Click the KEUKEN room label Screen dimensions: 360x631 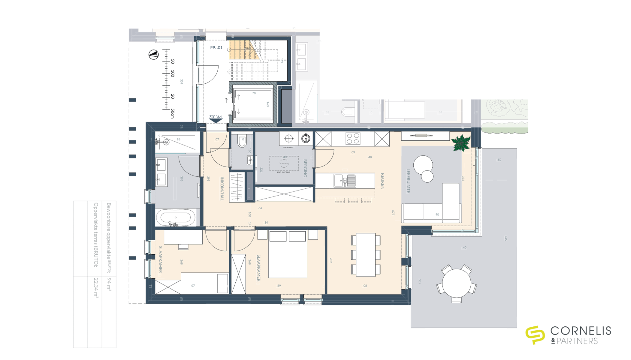(x=382, y=181)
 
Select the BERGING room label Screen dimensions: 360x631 (x=305, y=168)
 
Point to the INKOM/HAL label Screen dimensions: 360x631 (x=222, y=188)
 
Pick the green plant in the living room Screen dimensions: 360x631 (x=461, y=143)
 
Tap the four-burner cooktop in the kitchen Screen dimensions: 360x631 (x=353, y=139)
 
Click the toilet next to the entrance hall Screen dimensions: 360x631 (x=242, y=141)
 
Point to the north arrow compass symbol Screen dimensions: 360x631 (x=154, y=55)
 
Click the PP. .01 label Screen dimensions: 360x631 (x=216, y=47)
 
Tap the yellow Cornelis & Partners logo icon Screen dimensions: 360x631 (x=535, y=335)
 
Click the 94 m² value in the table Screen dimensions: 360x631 (x=109, y=284)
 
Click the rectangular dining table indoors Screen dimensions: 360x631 (x=365, y=255)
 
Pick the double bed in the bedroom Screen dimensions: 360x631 (x=287, y=254)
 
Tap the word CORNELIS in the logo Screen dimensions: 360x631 (x=581, y=331)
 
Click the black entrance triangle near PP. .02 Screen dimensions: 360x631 (x=216, y=121)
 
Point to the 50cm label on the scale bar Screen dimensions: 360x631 (x=173, y=113)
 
